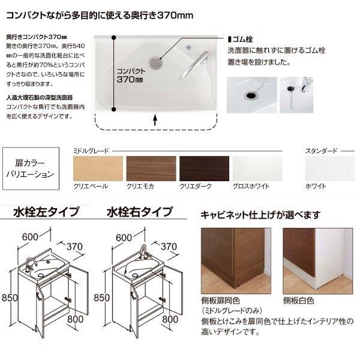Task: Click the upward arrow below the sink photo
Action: pyautogui.click(x=155, y=119)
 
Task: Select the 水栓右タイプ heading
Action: pyautogui.click(x=140, y=212)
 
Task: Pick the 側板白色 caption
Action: pyautogui.click(x=298, y=300)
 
